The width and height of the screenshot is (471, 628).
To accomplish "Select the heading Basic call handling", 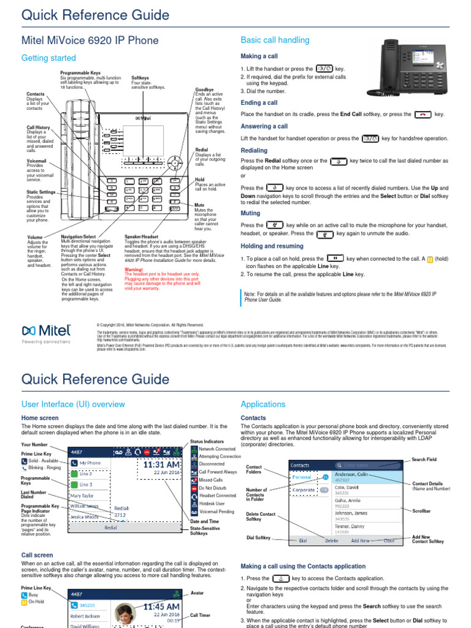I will [275, 40].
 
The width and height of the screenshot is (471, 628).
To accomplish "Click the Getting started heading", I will [48, 58].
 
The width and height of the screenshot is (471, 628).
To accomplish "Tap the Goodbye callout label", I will [204, 90].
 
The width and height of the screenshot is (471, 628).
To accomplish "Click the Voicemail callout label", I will [37, 160].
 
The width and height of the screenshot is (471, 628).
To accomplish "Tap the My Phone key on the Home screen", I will [90, 463].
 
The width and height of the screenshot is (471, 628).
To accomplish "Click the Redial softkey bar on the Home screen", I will [111, 527].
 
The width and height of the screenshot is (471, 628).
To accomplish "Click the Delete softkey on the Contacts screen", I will [331, 541].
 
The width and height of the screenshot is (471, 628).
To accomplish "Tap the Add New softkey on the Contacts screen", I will [360, 541].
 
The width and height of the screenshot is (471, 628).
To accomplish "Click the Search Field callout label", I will [424, 459].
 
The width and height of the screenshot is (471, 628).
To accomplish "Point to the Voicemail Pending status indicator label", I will [216, 511].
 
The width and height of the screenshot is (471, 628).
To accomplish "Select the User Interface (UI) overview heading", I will [73, 404].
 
